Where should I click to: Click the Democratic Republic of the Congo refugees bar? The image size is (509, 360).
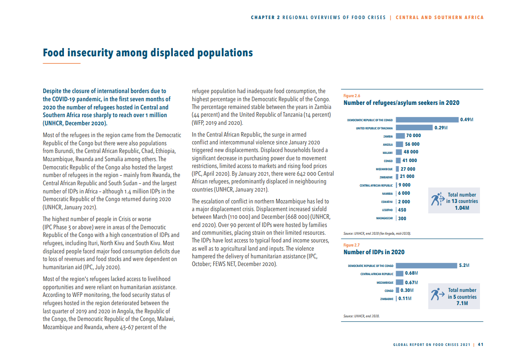pyautogui.click(x=427, y=120)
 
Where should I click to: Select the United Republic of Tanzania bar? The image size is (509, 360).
pyautogui.click(x=414, y=128)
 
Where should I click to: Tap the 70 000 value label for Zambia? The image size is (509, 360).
pyautogui.click(x=413, y=136)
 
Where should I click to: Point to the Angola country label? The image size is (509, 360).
pyautogui.click(x=387, y=144)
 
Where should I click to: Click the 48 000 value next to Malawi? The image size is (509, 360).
pyautogui.click(x=411, y=152)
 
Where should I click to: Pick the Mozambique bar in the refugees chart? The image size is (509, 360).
pyautogui.click(x=397, y=169)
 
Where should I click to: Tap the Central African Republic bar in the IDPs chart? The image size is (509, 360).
pyautogui.click(x=399, y=273)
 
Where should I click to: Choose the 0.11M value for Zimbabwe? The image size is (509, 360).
pyautogui.click(x=405, y=298)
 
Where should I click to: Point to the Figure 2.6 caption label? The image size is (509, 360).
pyautogui.click(x=352, y=96)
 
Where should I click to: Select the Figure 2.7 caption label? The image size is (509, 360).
pyautogui.click(x=352, y=245)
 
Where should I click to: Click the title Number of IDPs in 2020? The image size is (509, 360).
pyautogui.click(x=374, y=252)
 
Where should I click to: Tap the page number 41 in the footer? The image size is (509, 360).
pyautogui.click(x=480, y=344)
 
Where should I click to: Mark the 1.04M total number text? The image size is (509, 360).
pyautogui.click(x=462, y=208)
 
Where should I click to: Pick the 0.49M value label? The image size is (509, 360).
pyautogui.click(x=466, y=120)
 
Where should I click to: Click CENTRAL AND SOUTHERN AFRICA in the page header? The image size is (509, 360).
pyautogui.click(x=440, y=18)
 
